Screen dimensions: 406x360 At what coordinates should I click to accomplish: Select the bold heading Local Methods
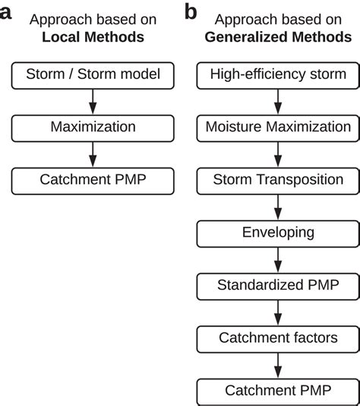point(92,36)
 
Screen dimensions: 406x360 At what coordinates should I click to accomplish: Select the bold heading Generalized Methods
point(278,36)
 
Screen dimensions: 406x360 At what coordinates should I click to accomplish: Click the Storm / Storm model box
point(92,74)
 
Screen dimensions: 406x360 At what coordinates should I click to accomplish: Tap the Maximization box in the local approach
point(92,127)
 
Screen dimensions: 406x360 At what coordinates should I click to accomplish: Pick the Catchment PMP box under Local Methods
point(92,180)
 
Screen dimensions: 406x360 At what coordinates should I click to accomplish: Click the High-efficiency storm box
point(278,74)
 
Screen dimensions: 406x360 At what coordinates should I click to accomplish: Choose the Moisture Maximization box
point(278,127)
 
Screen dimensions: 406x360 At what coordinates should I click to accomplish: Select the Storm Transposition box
point(278,180)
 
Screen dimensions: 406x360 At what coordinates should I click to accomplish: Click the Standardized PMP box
point(278,285)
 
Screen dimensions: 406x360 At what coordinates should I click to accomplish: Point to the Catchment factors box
point(278,338)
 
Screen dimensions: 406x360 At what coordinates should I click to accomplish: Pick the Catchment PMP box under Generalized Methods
point(278,391)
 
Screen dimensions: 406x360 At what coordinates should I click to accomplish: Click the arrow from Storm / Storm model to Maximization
point(92,100)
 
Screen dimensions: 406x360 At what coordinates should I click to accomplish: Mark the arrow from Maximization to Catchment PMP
point(92,153)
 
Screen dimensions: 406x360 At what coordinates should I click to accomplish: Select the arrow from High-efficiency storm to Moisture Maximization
point(278,100)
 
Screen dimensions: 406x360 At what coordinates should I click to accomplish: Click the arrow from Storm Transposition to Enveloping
point(278,206)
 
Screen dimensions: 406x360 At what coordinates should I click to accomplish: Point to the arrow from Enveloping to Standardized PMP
point(278,260)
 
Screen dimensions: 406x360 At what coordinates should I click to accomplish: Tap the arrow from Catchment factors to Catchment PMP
point(278,364)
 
